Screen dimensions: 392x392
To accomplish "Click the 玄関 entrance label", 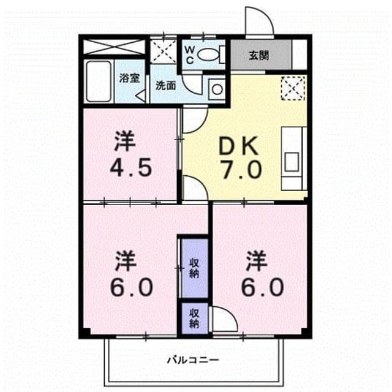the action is click(258, 56).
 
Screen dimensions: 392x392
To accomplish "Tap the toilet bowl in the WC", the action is click(209, 54).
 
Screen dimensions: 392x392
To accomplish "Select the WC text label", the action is click(189, 55).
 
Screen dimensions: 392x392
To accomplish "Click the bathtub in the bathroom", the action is click(99, 81).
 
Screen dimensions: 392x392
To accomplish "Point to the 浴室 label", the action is click(129, 78).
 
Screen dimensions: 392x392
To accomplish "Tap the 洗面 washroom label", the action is click(165, 86).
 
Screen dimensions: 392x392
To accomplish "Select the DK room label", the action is click(238, 146).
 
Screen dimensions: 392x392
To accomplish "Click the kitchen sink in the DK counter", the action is click(292, 162).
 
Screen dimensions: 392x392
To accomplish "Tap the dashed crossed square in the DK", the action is click(293, 88).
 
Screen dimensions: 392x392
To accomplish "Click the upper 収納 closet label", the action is click(194, 269).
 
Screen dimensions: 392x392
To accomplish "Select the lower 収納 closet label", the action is click(194, 318).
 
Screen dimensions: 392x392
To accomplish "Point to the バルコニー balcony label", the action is click(193, 360).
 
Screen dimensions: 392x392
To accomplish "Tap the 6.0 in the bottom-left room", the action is click(132, 287).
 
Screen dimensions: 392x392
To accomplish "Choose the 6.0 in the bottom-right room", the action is click(262, 287).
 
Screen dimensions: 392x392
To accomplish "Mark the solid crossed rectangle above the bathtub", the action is click(114, 47).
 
